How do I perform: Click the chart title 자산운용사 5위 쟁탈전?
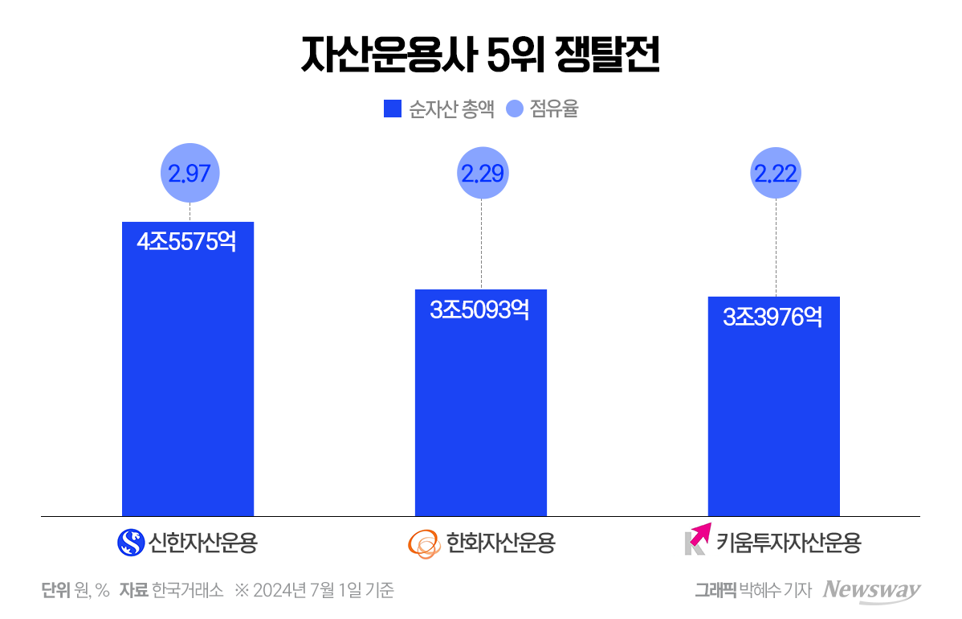[x=480, y=55]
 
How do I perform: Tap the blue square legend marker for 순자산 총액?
[x=392, y=109]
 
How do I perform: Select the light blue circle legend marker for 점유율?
[x=515, y=109]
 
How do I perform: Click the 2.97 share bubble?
[x=190, y=173]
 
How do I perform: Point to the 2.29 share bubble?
[x=482, y=173]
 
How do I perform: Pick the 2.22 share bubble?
[x=776, y=173]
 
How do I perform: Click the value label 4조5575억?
[x=187, y=242]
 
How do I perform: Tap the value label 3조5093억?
[x=480, y=309]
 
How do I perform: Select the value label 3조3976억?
[x=773, y=317]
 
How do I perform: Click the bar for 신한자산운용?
[x=187, y=386]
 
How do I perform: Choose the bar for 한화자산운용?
[x=480, y=418]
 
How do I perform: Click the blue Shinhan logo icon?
[x=130, y=543]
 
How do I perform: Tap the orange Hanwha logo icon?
[x=424, y=543]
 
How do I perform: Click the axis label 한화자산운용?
[x=500, y=543]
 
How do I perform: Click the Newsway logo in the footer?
[x=872, y=589]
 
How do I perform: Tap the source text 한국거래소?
[x=187, y=590]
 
